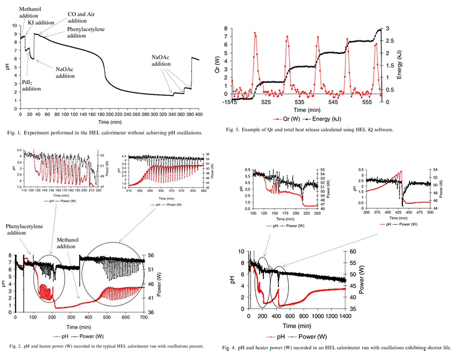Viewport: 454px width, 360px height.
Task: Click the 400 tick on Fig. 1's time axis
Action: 199,114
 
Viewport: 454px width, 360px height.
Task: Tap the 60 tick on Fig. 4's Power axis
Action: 354,251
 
